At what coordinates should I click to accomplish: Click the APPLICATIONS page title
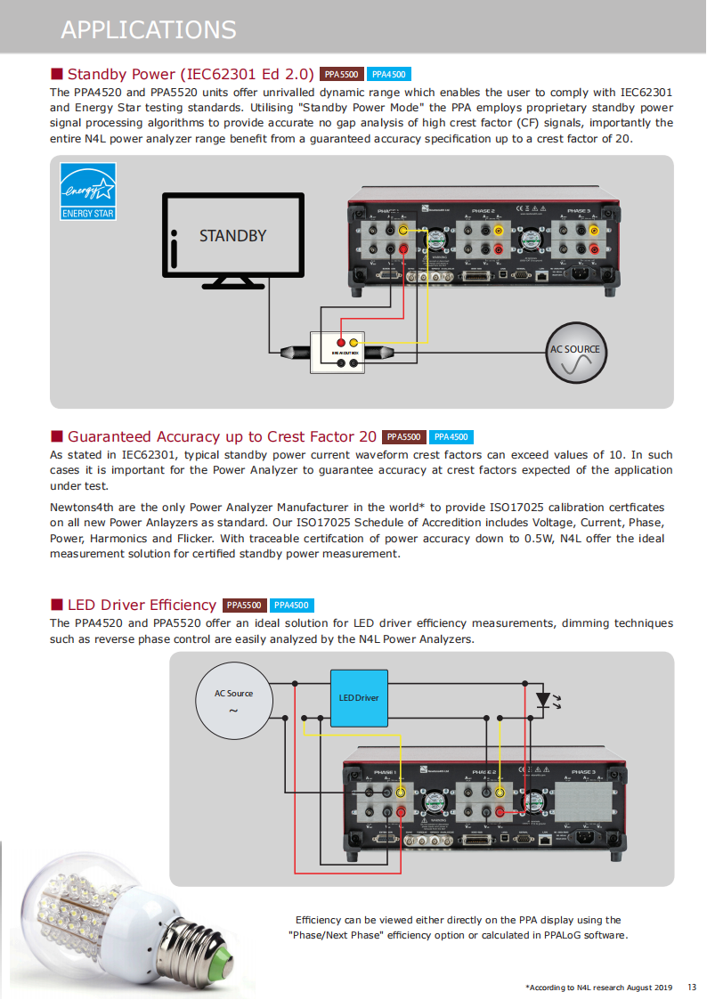coord(148,29)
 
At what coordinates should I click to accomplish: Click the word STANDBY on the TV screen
coord(232,236)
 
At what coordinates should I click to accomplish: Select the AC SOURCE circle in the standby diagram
coord(574,350)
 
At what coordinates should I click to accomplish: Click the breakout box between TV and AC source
coord(346,352)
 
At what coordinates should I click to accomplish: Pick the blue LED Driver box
coord(359,698)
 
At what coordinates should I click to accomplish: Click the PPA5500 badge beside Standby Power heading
coord(341,75)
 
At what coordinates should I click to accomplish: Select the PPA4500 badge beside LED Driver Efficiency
coord(292,606)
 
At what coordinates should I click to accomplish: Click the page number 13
coord(692,987)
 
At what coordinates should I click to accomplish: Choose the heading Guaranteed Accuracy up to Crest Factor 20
coord(222,436)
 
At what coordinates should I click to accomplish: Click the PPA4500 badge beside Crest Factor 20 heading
coord(451,437)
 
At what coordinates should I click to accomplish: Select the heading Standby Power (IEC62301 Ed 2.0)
coord(191,74)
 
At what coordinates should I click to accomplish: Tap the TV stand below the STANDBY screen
coord(233,283)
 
